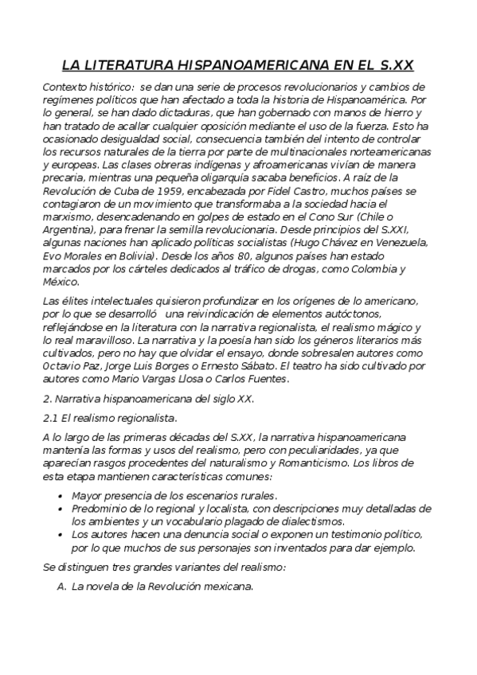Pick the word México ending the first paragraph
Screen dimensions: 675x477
[x=61, y=282]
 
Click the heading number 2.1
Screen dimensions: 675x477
[x=51, y=417]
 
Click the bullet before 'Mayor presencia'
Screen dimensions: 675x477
[x=61, y=495]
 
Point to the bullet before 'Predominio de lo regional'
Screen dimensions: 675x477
[x=61, y=508]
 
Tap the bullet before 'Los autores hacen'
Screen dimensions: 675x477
[x=61, y=533]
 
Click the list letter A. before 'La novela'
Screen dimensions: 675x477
[x=61, y=587]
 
